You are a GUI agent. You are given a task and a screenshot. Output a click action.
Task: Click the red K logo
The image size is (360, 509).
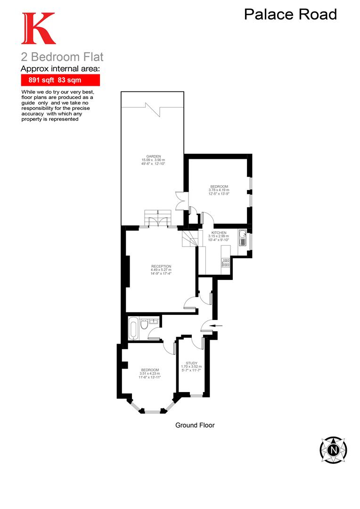click(38, 29)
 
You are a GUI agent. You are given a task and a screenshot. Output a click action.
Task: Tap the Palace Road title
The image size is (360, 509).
click(290, 15)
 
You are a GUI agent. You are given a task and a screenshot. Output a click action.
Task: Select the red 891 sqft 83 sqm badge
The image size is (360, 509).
click(54, 80)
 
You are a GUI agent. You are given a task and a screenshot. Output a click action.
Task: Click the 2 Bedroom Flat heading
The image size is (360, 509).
click(62, 57)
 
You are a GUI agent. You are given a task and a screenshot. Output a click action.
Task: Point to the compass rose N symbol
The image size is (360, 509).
click(334, 449)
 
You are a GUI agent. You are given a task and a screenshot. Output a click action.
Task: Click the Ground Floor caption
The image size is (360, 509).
click(195, 425)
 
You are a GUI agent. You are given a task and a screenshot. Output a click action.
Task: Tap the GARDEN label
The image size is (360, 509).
click(154, 156)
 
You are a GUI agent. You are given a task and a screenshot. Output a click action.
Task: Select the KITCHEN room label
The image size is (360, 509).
click(219, 233)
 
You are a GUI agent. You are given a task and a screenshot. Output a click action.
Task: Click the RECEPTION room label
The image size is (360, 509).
click(161, 266)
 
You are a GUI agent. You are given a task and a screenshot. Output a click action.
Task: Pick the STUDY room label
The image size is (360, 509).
click(191, 363)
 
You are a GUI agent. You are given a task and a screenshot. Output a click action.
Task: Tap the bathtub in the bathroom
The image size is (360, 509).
click(133, 328)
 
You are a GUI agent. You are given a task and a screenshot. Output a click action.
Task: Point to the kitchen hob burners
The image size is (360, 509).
click(226, 263)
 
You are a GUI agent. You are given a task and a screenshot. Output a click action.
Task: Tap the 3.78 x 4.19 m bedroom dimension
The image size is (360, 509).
click(219, 190)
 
